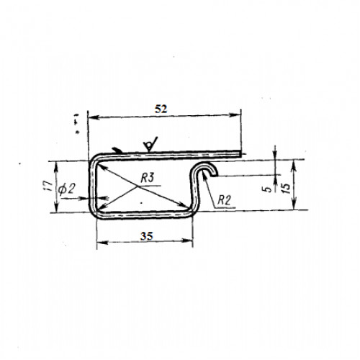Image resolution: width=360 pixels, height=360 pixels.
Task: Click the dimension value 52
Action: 161,109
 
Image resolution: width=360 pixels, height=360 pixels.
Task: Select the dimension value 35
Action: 146,237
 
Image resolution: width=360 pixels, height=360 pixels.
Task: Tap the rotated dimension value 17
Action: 49,186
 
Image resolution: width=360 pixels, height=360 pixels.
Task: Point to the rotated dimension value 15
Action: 287,188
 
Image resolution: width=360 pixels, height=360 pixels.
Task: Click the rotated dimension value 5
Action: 269,189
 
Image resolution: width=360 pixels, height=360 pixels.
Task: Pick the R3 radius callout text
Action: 147,179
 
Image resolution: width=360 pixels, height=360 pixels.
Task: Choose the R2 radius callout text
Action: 224,200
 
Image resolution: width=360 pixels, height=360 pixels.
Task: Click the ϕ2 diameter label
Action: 66,190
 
